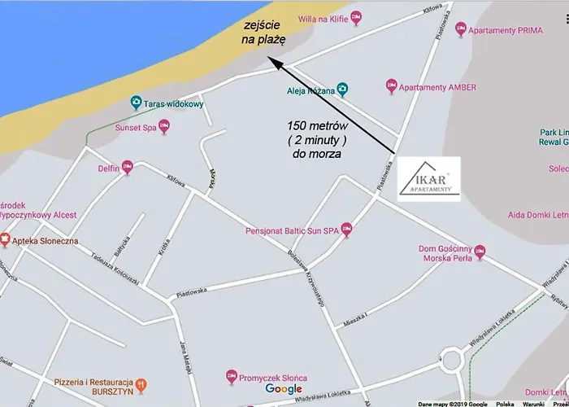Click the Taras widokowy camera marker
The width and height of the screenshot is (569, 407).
click(x=137, y=103)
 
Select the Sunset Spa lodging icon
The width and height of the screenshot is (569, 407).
click(x=164, y=125)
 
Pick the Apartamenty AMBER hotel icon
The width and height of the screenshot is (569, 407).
click(x=392, y=85)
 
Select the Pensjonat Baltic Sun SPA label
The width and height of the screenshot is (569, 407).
click(x=292, y=231)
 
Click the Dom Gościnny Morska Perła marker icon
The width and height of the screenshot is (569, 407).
click(x=479, y=247)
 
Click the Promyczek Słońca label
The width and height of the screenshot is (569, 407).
click(x=269, y=377)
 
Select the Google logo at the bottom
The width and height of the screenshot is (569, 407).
click(x=283, y=389)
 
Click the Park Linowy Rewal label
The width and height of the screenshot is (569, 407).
click(x=554, y=138)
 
